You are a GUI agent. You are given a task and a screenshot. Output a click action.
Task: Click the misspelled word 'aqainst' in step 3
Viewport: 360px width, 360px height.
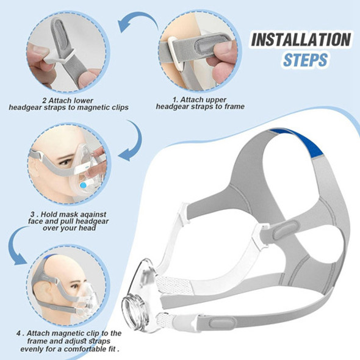[x=95, y=214]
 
